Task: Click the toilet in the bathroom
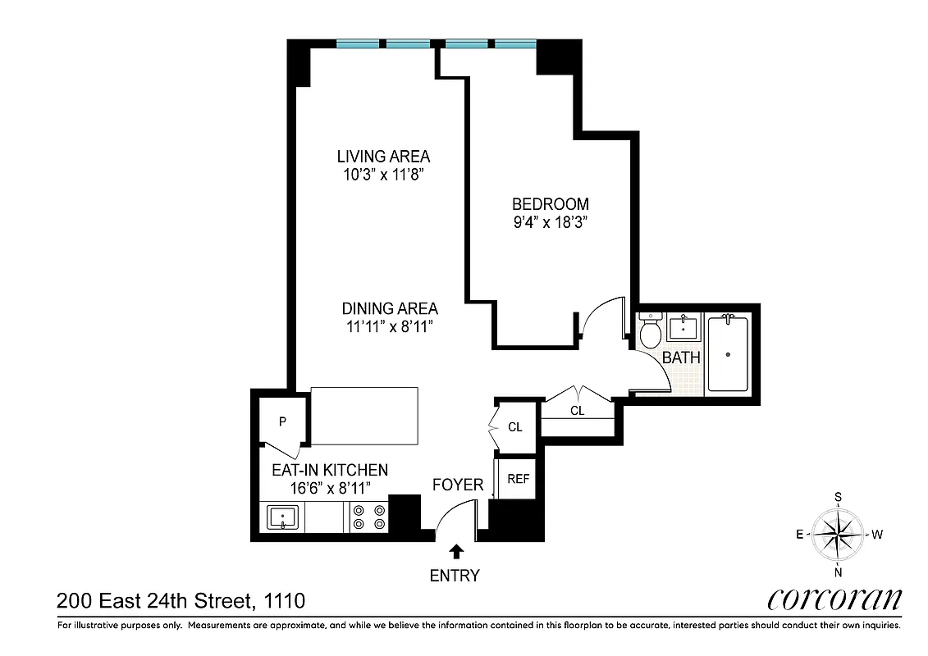pos(651,332)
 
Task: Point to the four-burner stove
pos(368,517)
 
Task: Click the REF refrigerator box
pos(518,479)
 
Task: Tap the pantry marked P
pos(281,422)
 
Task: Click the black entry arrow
pos(455,551)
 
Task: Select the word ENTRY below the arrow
pos(455,576)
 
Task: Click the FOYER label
pos(458,485)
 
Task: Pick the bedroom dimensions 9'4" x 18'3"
pos(551,221)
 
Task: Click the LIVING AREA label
pos(383,156)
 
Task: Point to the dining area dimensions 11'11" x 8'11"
pos(389,326)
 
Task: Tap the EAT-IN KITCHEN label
pos(329,470)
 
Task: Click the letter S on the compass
pos(838,496)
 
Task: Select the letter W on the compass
pos(876,535)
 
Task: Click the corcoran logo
pos(834,599)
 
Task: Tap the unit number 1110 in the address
pos(285,601)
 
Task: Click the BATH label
pos(681,358)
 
